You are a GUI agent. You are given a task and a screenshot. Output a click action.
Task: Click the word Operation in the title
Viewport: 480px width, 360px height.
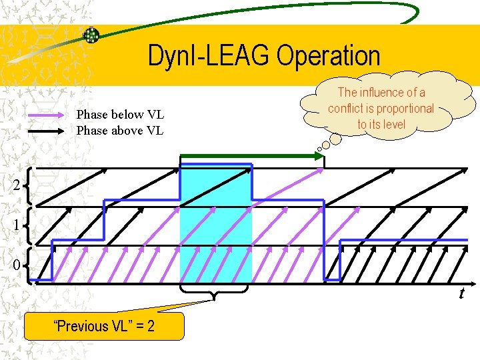pos(328,56)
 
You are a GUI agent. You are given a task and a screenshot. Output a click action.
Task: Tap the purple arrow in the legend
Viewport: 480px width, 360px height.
pos(49,115)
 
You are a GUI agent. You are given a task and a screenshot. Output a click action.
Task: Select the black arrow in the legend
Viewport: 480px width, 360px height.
pos(49,131)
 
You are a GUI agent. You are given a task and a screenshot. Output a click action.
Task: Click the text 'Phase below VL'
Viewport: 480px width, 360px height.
pos(120,115)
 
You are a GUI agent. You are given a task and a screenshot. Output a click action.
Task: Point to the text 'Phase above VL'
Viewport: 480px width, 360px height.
pos(120,131)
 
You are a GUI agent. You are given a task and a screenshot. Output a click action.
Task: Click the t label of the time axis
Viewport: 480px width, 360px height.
pos(461,294)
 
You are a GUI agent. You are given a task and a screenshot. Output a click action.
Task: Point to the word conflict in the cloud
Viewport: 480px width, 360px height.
pos(345,109)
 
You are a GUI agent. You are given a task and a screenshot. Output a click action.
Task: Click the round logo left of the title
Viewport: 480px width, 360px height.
pos(91,35)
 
